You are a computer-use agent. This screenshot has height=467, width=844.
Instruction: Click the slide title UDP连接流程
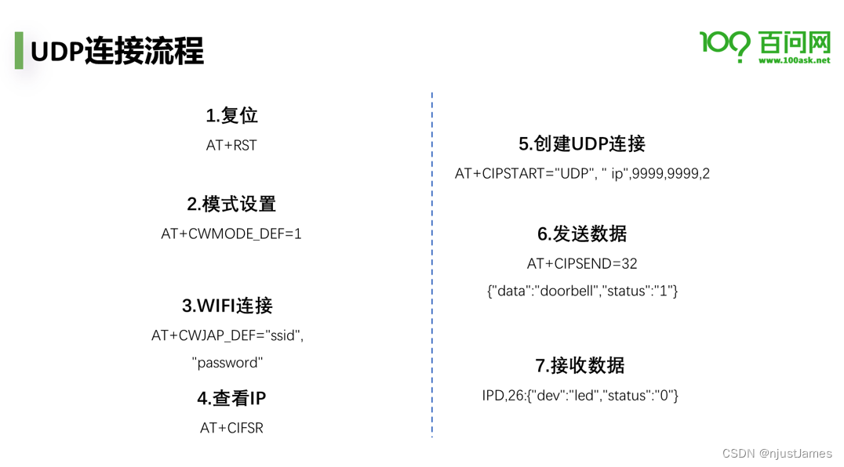[117, 51]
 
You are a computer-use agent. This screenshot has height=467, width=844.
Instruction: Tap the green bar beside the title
[19, 51]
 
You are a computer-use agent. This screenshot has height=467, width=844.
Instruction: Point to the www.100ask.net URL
[794, 60]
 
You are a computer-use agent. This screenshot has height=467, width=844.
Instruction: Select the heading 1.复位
[231, 115]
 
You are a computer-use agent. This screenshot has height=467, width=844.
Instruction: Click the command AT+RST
[231, 145]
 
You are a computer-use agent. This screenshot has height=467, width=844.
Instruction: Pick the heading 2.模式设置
[231, 204]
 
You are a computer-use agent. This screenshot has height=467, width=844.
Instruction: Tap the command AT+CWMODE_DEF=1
[231, 233]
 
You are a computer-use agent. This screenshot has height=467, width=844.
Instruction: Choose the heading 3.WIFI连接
[227, 306]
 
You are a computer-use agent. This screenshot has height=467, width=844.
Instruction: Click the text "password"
[227, 363]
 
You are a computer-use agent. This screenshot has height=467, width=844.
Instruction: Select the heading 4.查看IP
[231, 398]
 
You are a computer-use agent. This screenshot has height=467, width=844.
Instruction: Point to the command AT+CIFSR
[231, 428]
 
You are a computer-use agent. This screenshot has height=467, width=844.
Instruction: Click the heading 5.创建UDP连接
[582, 143]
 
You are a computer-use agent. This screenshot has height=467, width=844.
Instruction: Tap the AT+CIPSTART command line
[582, 173]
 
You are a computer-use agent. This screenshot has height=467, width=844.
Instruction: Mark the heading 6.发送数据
[582, 233]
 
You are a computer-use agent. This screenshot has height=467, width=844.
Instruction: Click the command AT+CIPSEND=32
[582, 263]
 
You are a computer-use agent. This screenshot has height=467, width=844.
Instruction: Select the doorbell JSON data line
[582, 291]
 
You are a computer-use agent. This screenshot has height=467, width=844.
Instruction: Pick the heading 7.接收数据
[580, 365]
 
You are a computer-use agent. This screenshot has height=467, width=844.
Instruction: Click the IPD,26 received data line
[580, 395]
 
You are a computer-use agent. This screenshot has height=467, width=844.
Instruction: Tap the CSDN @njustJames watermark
[777, 453]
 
